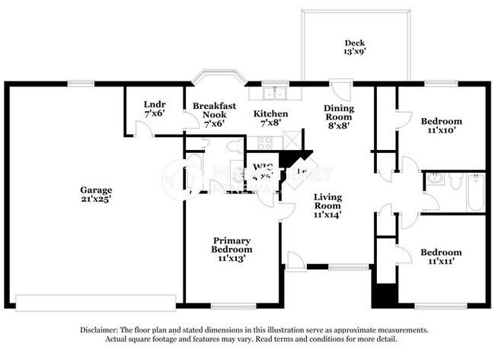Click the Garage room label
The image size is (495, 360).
[97, 194]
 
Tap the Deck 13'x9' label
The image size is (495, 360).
[355, 48]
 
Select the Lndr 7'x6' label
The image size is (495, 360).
[155, 108]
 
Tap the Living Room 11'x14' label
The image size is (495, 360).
[327, 205]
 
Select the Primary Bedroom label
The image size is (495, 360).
[232, 248]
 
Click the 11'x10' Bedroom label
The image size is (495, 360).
[441, 126]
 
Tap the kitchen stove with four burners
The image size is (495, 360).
[266, 142]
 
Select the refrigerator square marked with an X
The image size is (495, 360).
[291, 141]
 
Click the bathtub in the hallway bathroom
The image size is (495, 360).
[475, 193]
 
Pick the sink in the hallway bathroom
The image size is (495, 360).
[436, 180]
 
